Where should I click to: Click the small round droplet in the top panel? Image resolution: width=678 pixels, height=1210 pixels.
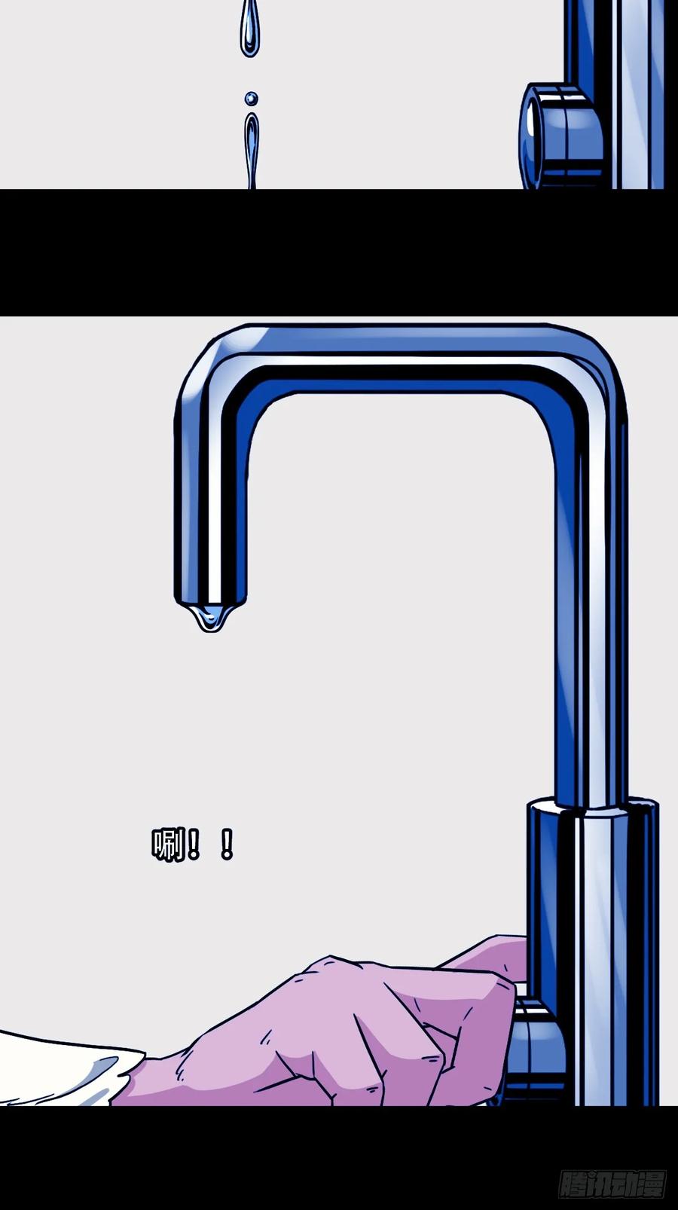coord(251,99)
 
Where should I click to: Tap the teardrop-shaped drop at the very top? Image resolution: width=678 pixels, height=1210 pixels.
coord(249,29)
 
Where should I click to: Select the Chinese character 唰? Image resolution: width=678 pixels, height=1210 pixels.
coord(168,845)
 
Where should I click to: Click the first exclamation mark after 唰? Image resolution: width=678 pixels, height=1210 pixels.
coord(193,845)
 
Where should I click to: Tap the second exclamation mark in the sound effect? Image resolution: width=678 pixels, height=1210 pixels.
coord(227,845)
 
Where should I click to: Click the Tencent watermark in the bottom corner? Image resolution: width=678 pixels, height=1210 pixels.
coord(612,1184)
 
